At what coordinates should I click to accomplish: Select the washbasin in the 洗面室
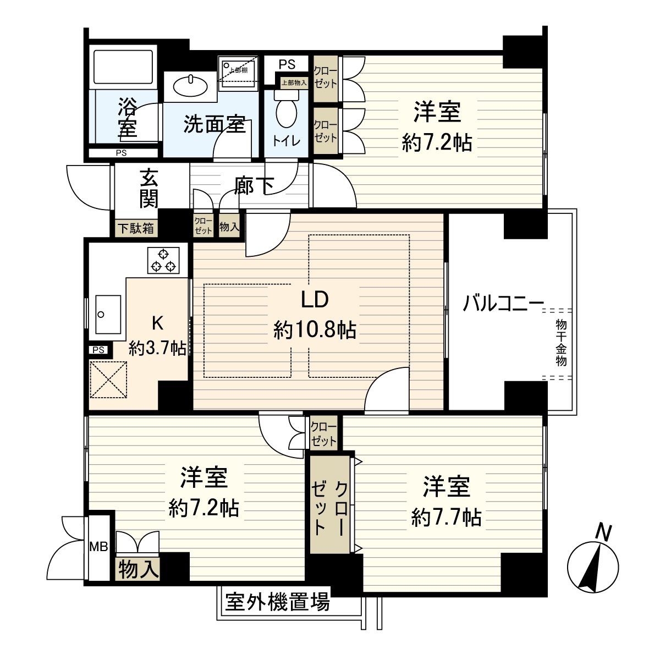point(190,85)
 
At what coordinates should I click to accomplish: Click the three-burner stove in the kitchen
point(163,260)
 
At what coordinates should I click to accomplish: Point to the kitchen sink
point(108,314)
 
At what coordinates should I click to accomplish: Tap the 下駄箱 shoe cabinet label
point(135,228)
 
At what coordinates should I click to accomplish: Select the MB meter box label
point(99,546)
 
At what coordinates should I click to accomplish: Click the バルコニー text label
point(503,303)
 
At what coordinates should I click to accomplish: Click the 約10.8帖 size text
point(315,331)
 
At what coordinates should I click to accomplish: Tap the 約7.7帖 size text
point(447,517)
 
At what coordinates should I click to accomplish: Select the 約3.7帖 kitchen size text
point(157,348)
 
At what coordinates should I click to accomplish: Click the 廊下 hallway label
point(254,186)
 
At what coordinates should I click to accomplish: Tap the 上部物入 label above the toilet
point(294,83)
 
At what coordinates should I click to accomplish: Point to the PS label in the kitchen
point(98,350)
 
